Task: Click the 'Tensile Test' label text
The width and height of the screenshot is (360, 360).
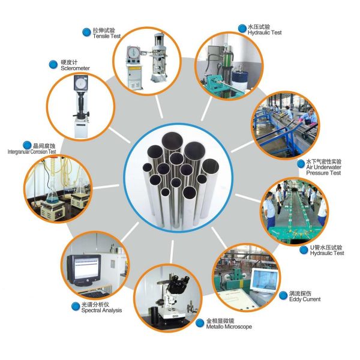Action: (107, 36)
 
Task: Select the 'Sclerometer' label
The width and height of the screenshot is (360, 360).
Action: (75, 68)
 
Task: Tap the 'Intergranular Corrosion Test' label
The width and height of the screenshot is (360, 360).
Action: (32, 152)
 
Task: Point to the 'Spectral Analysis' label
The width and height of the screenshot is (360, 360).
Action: (101, 310)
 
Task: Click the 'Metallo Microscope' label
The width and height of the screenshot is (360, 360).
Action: (229, 327)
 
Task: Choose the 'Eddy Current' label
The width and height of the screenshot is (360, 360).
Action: (305, 299)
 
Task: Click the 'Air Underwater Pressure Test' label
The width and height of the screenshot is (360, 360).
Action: (323, 170)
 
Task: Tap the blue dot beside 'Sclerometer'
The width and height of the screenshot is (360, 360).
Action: (53, 65)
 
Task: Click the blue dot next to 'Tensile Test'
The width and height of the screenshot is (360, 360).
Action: (86, 32)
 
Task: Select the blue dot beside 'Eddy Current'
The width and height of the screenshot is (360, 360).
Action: (283, 295)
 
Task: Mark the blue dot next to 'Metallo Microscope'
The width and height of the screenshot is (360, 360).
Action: (200, 323)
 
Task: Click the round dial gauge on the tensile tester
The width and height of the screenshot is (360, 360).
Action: (133, 52)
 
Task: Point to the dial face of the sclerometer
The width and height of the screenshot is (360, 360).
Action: (80, 83)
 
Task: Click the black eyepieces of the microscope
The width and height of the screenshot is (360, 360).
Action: (179, 281)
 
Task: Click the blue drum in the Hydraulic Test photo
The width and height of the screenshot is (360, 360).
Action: (239, 80)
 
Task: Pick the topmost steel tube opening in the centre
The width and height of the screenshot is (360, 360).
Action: (172, 140)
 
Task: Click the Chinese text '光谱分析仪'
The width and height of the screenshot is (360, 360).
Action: (95, 305)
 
